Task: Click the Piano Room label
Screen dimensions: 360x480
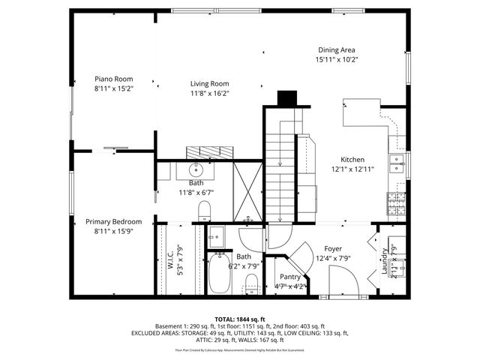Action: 113,78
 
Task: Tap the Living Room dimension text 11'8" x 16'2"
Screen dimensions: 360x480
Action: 209,94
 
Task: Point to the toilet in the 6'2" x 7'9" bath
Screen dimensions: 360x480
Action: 252,284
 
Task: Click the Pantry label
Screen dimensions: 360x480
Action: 289,277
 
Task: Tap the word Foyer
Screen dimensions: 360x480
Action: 333,249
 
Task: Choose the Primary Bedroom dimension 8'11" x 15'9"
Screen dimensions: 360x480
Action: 113,232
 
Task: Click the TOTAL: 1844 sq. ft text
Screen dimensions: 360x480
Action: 239,319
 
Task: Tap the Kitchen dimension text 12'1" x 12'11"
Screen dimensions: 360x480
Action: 352,169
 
